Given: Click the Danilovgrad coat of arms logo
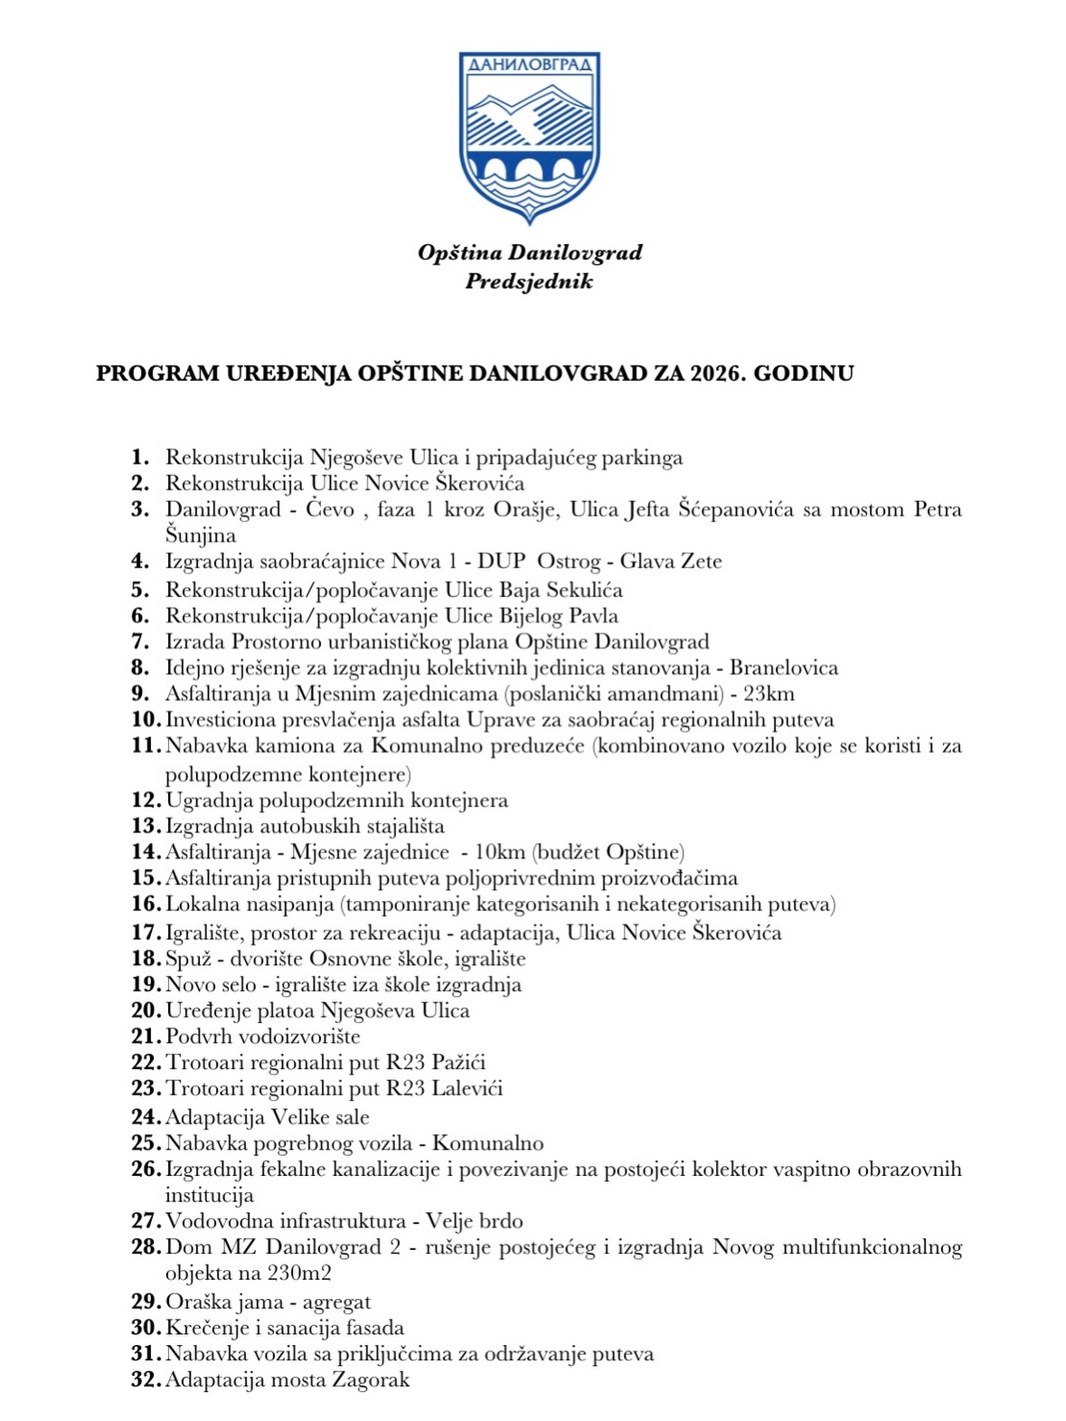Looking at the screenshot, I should point(529,136).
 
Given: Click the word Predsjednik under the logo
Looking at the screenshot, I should point(529,281).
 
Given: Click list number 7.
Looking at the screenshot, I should point(140,642).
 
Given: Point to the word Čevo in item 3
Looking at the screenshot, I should point(330,510).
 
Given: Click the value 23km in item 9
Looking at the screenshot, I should point(769,695).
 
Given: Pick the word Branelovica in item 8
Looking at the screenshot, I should point(784,668).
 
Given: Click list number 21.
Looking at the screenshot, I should point(146,1037).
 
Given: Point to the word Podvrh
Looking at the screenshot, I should point(199,1037).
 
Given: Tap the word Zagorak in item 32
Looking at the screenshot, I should point(371,1380).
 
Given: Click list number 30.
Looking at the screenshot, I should point(146,1328).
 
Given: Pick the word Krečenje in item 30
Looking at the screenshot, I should point(205,1328).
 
